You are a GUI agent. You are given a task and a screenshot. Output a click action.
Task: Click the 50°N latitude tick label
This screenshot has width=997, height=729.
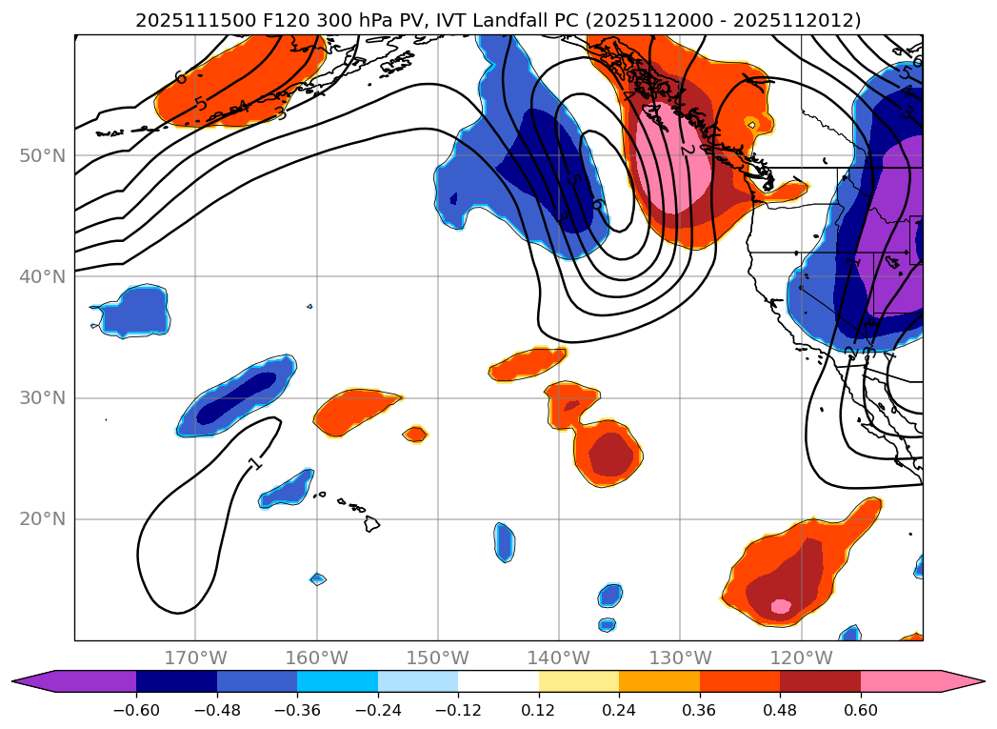pos(43,155)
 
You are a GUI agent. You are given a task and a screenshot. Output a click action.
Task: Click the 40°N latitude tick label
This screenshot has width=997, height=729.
pos(43,276)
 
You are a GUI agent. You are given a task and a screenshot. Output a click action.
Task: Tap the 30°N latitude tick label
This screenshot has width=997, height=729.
pos(43,397)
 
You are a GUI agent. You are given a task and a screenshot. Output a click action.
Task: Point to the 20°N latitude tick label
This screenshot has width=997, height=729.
pos(43,519)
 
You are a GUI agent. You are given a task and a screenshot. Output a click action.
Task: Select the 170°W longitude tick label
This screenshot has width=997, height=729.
pos(195,658)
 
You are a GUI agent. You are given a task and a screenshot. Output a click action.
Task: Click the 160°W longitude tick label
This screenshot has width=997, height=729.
pos(316,658)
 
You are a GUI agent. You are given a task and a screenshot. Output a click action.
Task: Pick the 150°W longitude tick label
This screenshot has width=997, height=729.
pos(438,658)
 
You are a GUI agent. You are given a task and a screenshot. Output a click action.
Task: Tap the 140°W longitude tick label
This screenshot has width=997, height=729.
pos(559,658)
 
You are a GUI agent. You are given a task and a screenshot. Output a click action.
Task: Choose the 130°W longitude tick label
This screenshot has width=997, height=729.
pos(680,658)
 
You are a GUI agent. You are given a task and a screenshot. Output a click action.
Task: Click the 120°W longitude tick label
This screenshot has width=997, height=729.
pos(801,658)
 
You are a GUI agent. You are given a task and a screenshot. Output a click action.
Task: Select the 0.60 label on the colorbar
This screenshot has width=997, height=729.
pos(861,710)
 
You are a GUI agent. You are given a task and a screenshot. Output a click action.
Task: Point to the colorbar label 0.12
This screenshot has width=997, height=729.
pos(539,710)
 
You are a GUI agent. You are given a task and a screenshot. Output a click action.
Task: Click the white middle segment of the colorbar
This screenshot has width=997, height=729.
pos(498,680)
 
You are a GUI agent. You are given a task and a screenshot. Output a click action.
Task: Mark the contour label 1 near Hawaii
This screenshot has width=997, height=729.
pos(254,463)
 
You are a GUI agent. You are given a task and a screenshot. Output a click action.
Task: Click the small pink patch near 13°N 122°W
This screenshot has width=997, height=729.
pos(780,606)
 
